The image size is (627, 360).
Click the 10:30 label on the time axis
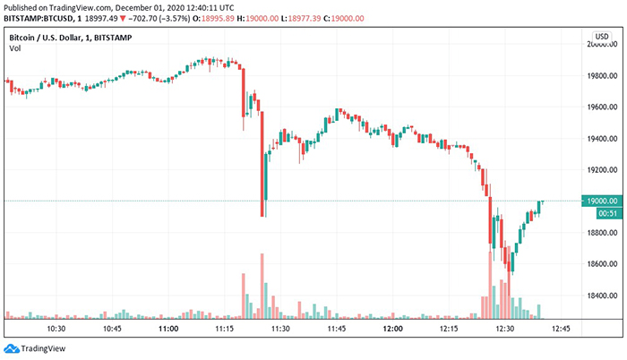point(56,329)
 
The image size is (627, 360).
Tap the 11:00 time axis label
point(167,329)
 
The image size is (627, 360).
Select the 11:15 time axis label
point(225,329)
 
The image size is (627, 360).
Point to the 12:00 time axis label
point(392,329)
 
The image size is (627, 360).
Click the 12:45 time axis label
point(562,329)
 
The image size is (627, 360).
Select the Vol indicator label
point(14,47)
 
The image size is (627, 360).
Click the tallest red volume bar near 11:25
point(262,285)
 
